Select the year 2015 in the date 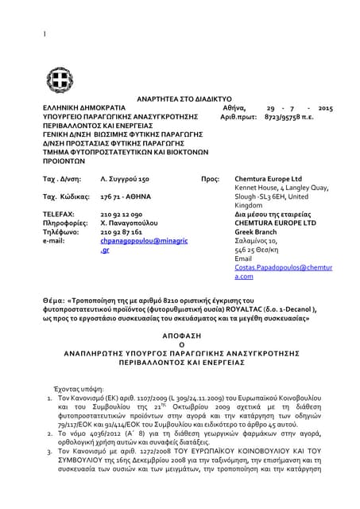(324, 107)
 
